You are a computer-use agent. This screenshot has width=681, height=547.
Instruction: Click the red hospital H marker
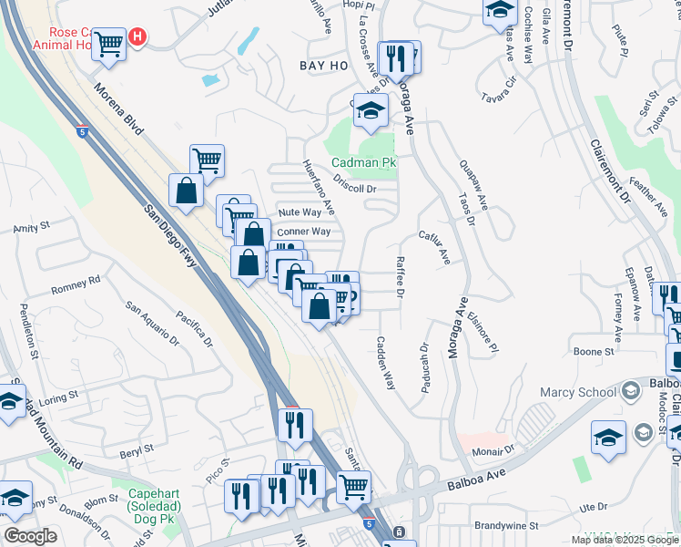click(x=137, y=36)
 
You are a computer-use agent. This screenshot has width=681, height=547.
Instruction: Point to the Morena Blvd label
click(x=117, y=110)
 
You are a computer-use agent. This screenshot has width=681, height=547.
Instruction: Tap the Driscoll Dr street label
click(x=354, y=189)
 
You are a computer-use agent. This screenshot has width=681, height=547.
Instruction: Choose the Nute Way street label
click(x=300, y=212)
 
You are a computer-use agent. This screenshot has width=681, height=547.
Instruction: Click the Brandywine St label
click(x=506, y=526)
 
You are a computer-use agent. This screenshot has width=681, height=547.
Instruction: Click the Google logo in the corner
click(x=30, y=536)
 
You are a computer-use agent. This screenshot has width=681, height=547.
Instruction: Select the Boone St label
click(x=595, y=351)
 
